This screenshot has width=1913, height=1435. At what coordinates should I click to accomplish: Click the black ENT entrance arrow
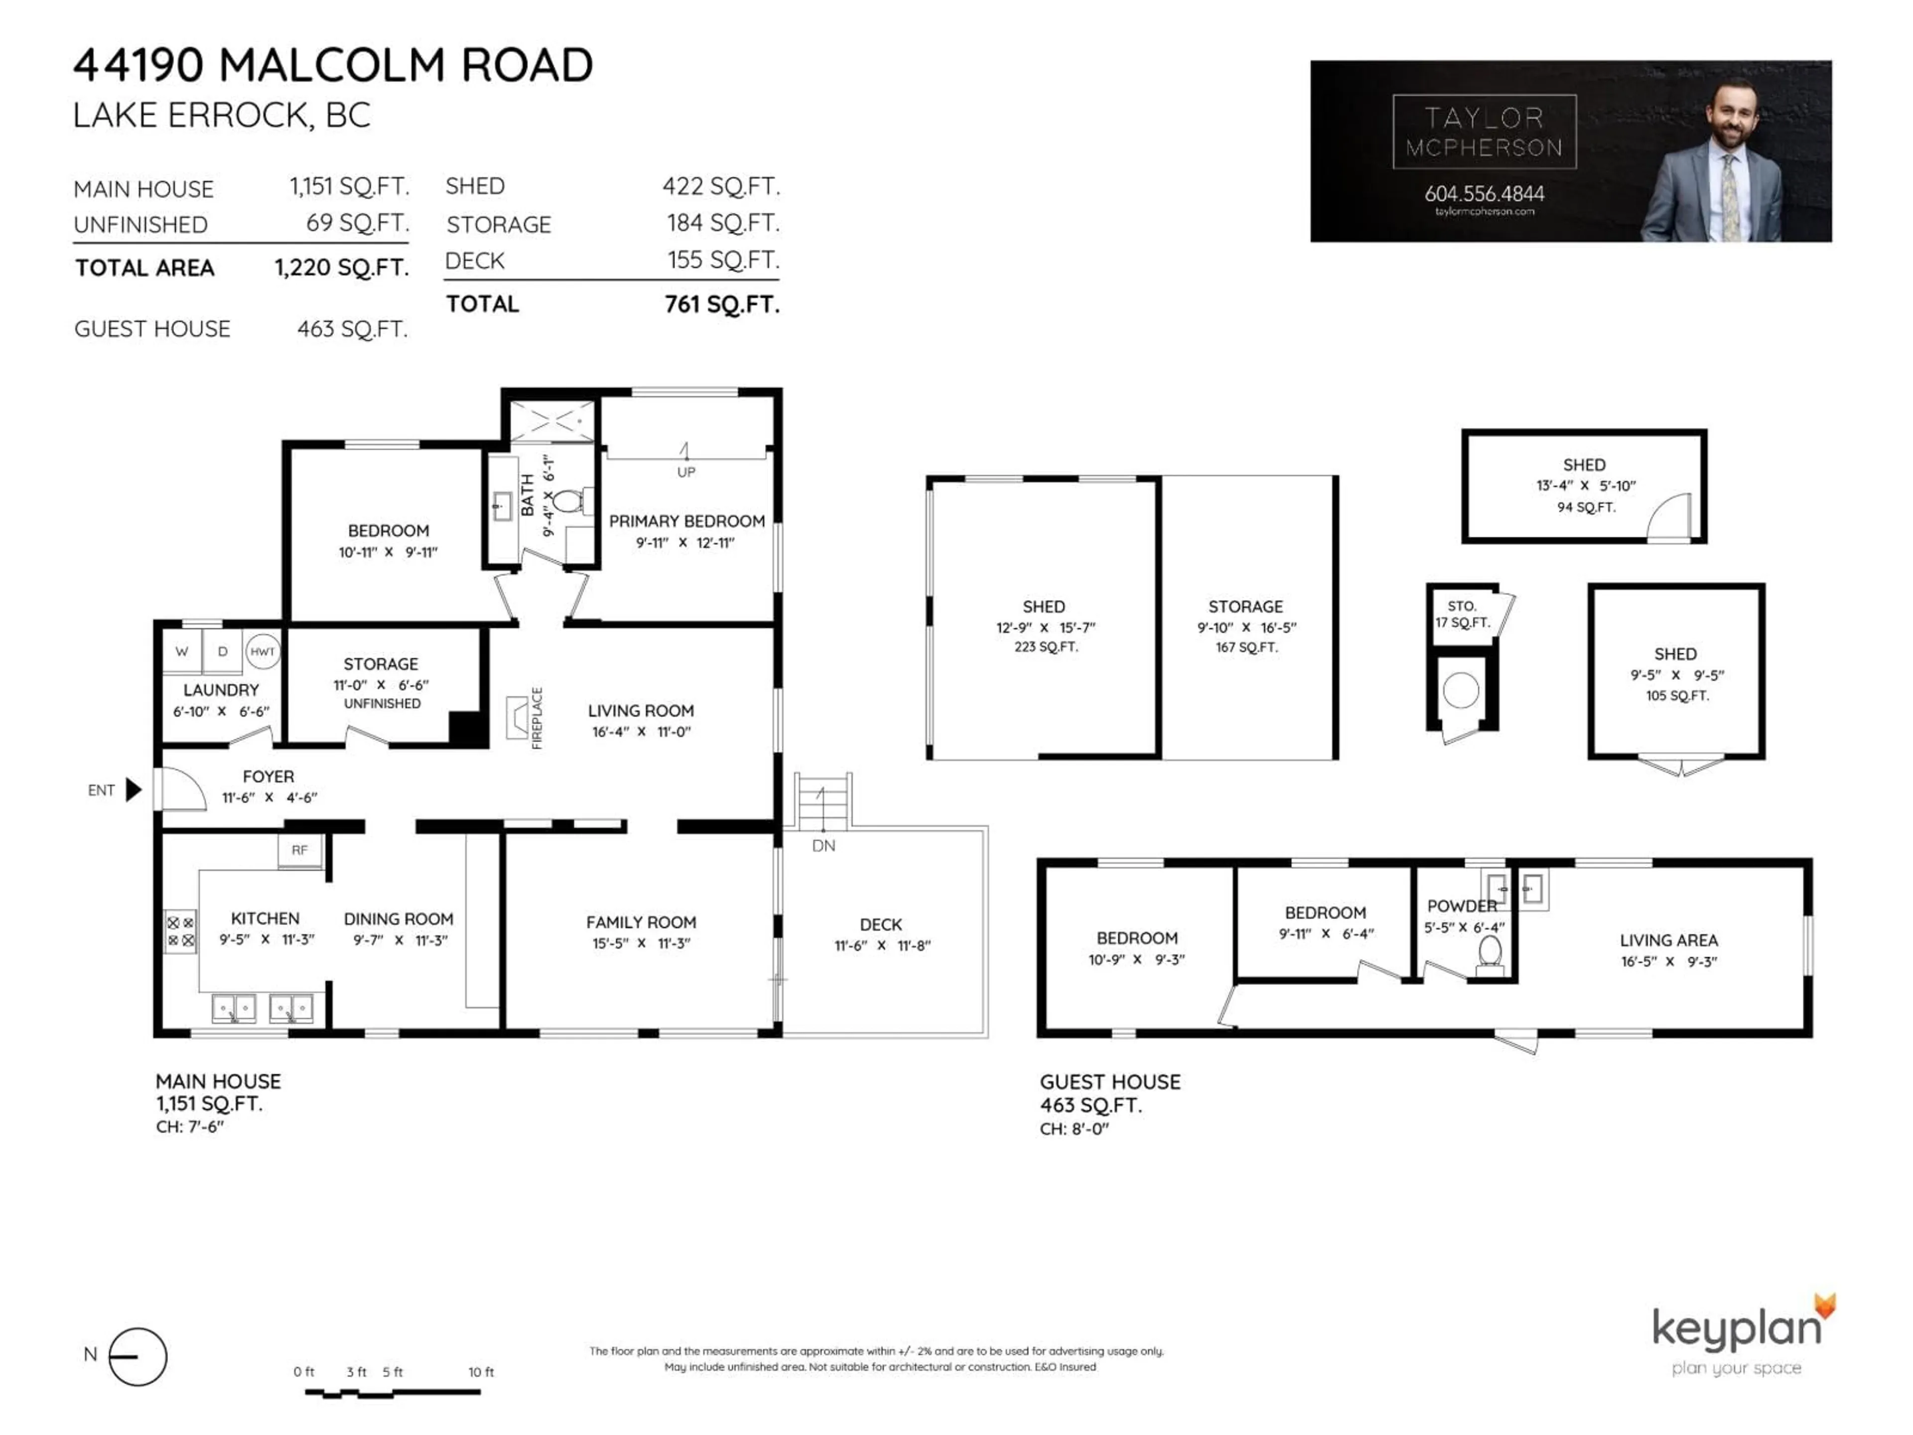click(x=133, y=790)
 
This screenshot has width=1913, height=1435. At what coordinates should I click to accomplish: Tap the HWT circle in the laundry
click(x=262, y=651)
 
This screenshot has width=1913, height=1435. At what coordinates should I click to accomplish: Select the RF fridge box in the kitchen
click(x=299, y=850)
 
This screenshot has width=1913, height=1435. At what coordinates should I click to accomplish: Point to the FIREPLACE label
click(x=537, y=718)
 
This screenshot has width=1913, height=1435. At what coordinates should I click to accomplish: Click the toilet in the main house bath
click(x=569, y=500)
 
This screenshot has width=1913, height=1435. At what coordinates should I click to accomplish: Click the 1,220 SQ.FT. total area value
click(x=342, y=267)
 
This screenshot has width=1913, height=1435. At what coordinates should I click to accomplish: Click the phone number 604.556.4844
click(x=1484, y=194)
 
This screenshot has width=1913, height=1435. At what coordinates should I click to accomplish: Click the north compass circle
click(x=138, y=1356)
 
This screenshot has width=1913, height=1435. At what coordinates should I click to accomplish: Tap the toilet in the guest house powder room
click(x=1489, y=953)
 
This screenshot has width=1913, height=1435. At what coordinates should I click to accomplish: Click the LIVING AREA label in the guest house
click(x=1668, y=940)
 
